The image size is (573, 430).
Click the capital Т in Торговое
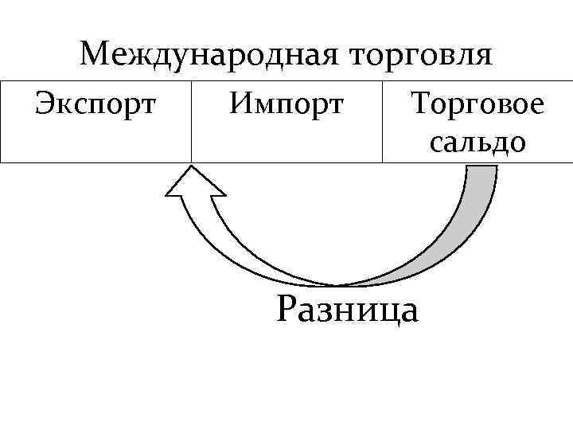[419, 104]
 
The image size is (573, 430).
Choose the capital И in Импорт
[241, 104]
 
